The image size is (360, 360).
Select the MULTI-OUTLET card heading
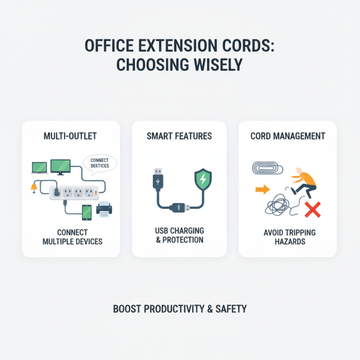pyautogui.click(x=71, y=136)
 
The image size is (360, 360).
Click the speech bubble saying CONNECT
pyautogui.click(x=100, y=163)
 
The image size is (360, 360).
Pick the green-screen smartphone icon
pyautogui.click(x=87, y=211)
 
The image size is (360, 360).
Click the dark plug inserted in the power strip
pyautogui.click(x=55, y=191)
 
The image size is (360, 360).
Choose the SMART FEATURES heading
pyautogui.click(x=180, y=136)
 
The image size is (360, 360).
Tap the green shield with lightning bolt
pyautogui.click(x=202, y=180)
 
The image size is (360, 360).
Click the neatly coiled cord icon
pyautogui.click(x=266, y=169)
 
